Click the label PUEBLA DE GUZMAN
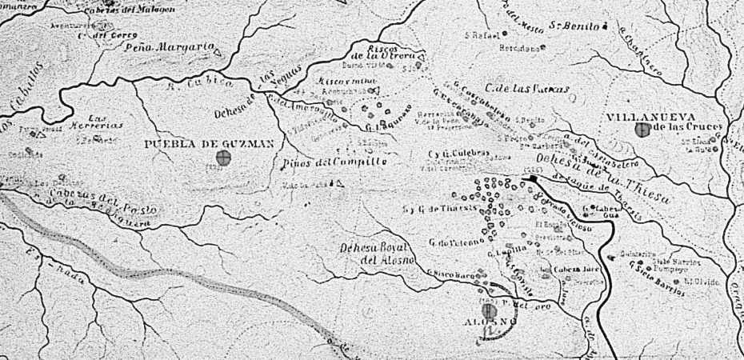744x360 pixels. (210, 144)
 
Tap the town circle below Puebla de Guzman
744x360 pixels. (224, 160)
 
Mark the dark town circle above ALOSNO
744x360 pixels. (489, 310)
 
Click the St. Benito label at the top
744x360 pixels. (574, 26)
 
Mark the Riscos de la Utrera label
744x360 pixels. (390, 52)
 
